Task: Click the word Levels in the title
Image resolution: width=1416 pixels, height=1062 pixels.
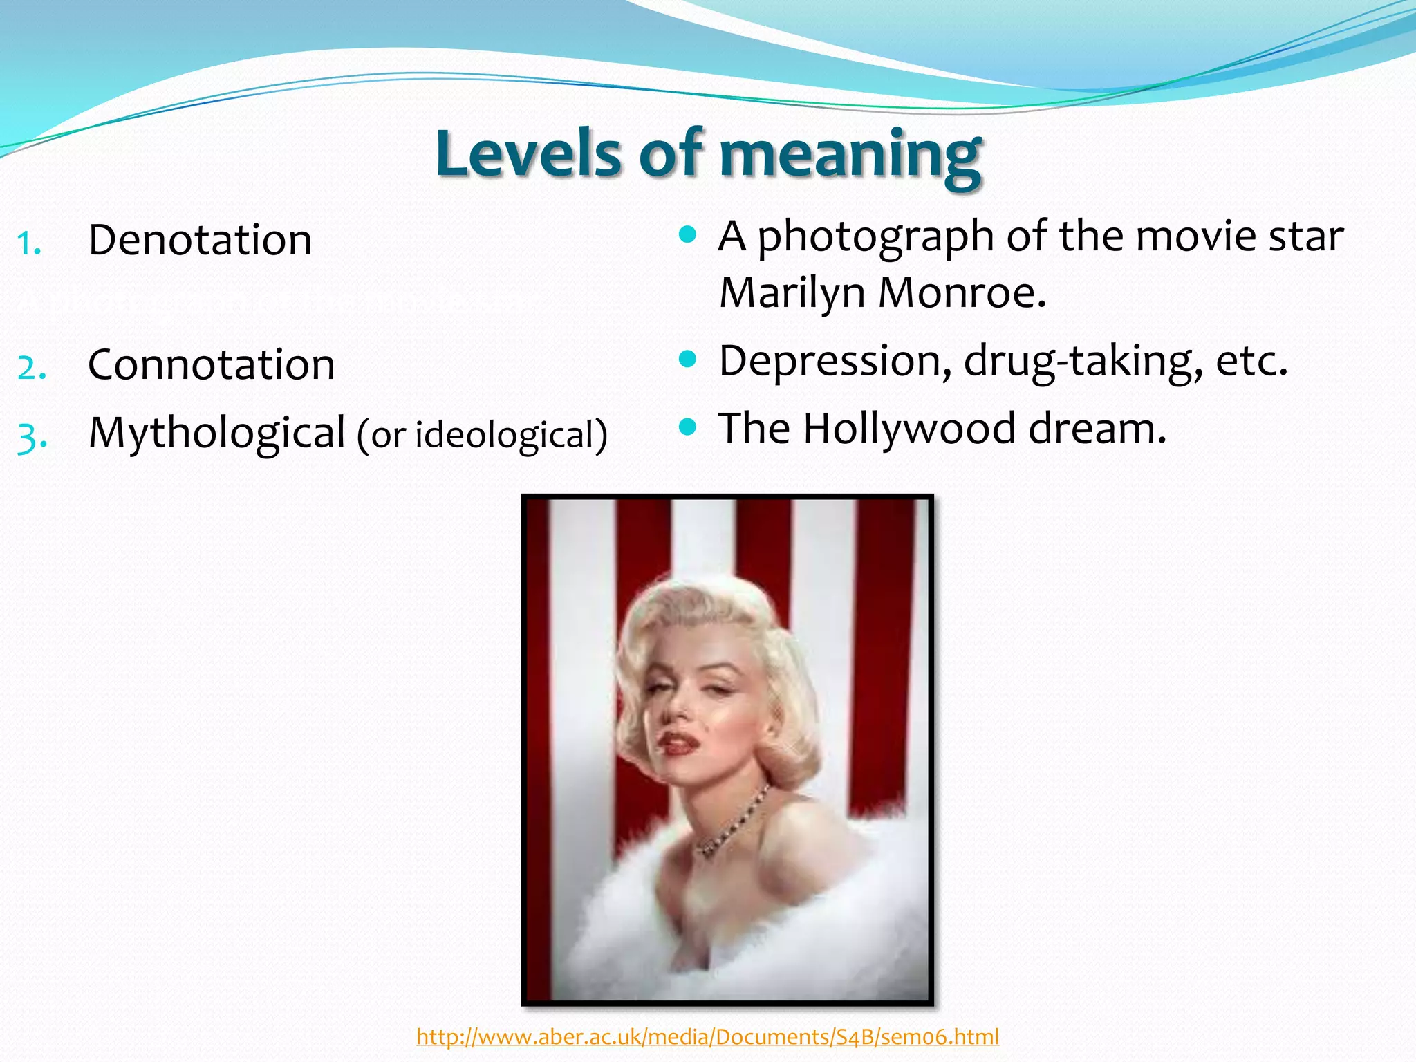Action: click(529, 153)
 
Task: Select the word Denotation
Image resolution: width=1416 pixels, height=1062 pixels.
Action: click(200, 240)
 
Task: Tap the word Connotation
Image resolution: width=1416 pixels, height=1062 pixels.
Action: click(211, 364)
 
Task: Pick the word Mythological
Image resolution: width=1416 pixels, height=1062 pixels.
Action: click(216, 433)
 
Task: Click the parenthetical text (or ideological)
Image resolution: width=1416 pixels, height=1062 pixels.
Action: click(482, 435)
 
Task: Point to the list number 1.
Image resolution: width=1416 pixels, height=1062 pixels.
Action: click(30, 243)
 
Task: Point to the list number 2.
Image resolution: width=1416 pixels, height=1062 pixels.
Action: click(32, 367)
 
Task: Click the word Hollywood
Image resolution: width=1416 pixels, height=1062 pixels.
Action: click(909, 429)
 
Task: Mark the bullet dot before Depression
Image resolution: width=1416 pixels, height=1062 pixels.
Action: click(687, 358)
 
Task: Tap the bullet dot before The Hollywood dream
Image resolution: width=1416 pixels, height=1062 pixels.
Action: click(687, 427)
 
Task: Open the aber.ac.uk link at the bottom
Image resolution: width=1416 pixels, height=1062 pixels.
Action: click(707, 1036)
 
